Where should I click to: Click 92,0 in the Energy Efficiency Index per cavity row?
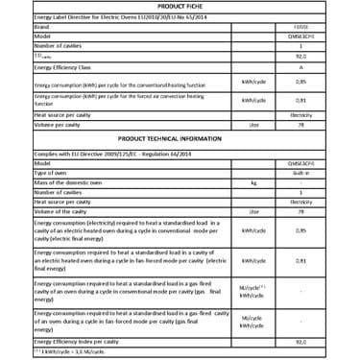pyautogui.click(x=301, y=340)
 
